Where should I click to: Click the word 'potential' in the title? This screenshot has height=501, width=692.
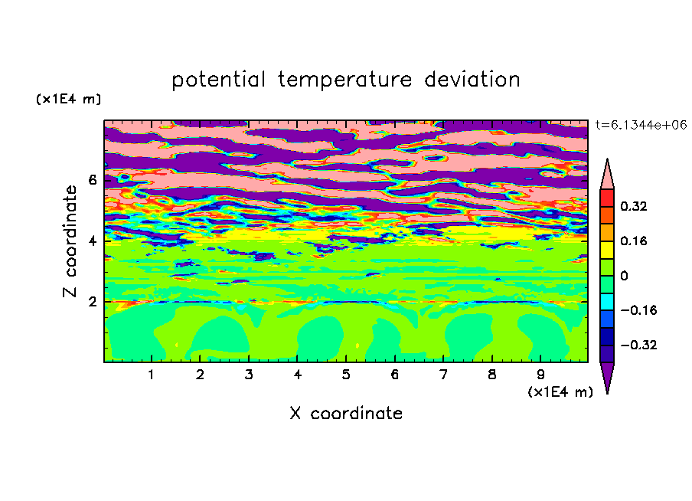point(218,80)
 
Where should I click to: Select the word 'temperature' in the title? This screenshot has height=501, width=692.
point(345,80)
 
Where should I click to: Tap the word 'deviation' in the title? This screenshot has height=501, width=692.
point(472,80)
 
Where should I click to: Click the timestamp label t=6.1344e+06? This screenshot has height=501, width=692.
point(641,126)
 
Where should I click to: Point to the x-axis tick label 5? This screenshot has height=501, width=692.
point(346,375)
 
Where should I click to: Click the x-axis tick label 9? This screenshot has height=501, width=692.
point(540,375)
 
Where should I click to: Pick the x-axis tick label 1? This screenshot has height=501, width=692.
point(152,375)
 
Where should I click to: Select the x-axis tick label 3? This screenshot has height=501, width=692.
point(249,375)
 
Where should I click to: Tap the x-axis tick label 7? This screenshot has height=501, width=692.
point(443,375)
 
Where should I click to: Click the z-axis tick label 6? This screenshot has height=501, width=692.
point(93,180)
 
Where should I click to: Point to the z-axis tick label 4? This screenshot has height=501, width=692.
point(93,241)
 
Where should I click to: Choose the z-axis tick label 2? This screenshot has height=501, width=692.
point(93,302)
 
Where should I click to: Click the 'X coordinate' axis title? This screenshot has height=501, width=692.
point(346,413)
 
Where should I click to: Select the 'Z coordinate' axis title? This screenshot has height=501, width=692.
point(70,241)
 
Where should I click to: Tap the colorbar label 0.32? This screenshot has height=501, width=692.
point(634,206)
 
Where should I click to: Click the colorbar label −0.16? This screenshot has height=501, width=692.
point(638,310)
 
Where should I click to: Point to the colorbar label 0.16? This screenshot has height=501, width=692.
point(634,241)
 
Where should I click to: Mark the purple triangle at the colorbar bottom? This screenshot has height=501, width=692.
point(607,374)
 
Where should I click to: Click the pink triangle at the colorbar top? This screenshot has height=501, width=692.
point(607,177)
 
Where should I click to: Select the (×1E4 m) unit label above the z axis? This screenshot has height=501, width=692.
point(68,99)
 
